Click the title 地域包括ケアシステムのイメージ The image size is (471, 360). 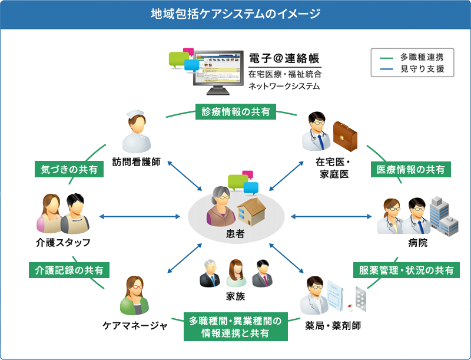[235, 14]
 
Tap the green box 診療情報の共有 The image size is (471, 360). [235, 111]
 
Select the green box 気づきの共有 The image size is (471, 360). [69, 169]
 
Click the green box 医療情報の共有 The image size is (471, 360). [411, 169]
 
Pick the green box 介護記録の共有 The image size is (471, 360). [69, 270]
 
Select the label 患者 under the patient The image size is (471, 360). [235, 234]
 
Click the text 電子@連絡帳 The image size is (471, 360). [284, 58]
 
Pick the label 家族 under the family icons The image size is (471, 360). [235, 296]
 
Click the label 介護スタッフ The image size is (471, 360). [62, 243]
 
